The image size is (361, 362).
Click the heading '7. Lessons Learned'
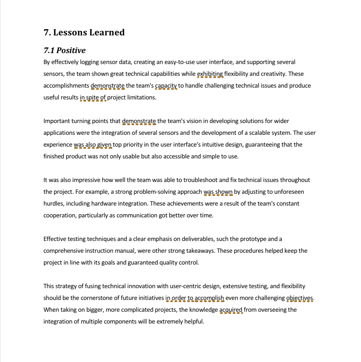click(84, 33)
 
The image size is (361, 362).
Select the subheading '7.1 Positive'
click(64, 51)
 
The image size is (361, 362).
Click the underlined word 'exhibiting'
click(210, 74)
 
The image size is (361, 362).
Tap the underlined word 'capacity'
click(166, 86)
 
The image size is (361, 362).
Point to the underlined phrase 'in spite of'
click(93, 97)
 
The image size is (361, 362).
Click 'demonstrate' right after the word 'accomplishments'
click(107, 86)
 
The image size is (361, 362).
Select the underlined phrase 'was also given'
click(92, 145)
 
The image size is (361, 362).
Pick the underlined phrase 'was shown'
click(218, 192)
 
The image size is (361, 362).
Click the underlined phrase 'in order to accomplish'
click(195, 298)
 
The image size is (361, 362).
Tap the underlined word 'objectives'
click(299, 298)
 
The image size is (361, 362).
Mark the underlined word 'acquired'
click(231, 310)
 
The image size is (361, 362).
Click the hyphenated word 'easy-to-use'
click(179, 62)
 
